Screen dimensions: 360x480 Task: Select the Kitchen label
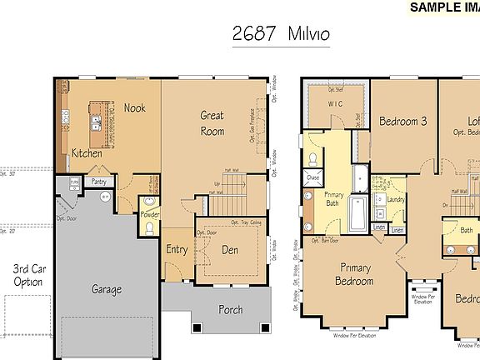click(x=87, y=152)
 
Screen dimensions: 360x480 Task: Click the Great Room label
click(x=212, y=123)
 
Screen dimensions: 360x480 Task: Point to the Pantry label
click(x=98, y=181)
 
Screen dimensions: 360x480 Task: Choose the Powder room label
click(x=150, y=214)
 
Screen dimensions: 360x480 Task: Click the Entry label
click(x=177, y=248)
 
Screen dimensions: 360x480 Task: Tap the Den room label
click(x=230, y=248)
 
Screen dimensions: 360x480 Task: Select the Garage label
click(x=107, y=289)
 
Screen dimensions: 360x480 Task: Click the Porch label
click(x=230, y=309)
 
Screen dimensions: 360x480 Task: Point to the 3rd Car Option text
click(x=27, y=275)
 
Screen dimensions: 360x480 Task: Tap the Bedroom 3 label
click(x=402, y=121)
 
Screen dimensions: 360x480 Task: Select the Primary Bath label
click(x=333, y=198)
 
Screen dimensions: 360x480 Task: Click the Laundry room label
click(x=396, y=200)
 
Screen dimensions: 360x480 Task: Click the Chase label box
click(x=312, y=178)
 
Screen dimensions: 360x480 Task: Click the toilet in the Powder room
click(x=149, y=227)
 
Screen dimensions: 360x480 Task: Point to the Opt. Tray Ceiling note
click(x=247, y=223)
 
